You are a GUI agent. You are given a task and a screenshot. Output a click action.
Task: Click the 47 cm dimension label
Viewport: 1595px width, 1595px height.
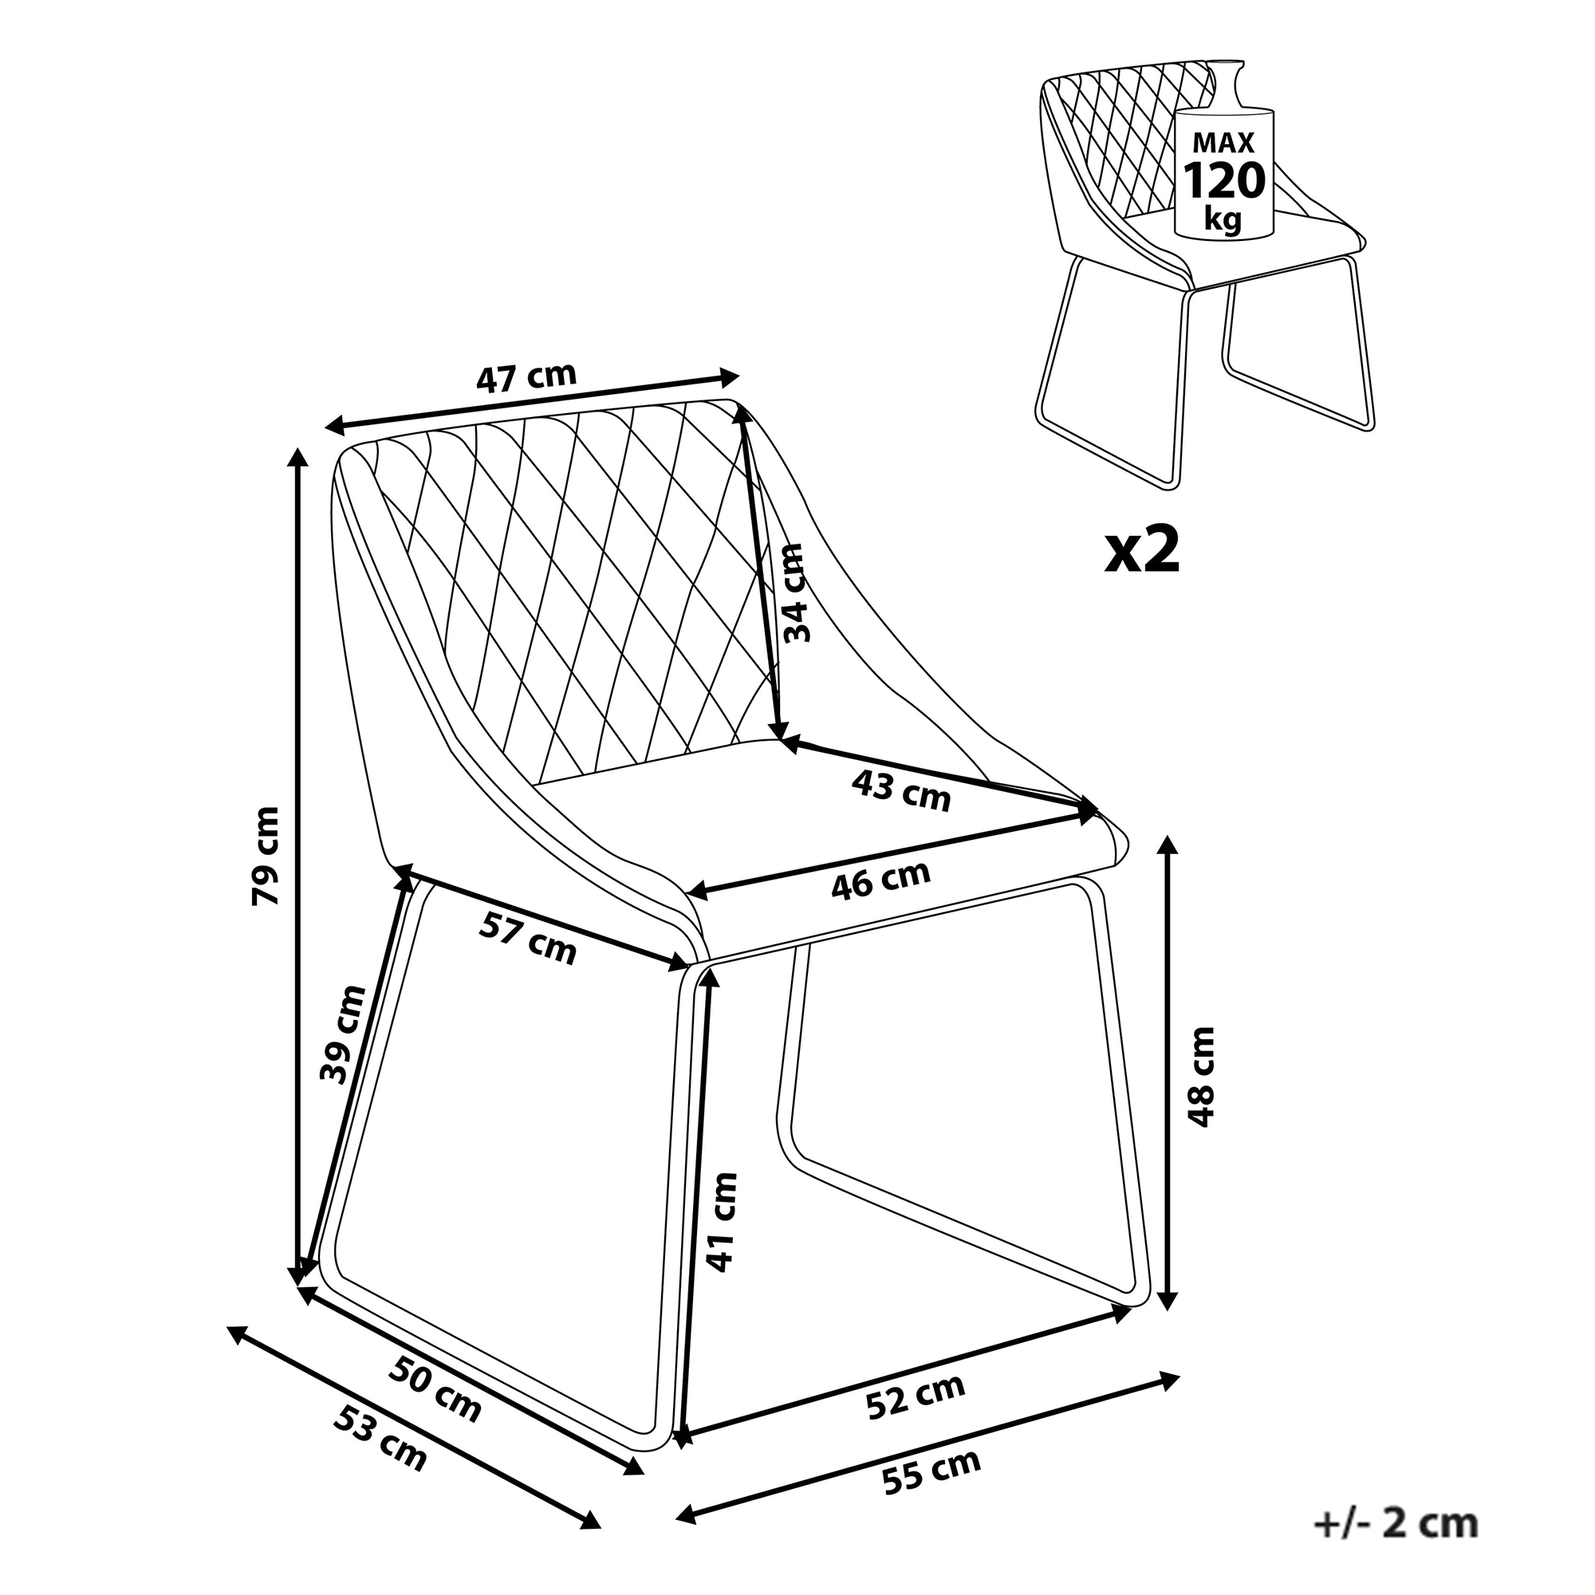pos(526,377)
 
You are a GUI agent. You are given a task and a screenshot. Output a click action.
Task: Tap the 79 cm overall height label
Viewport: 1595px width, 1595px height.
pos(266,855)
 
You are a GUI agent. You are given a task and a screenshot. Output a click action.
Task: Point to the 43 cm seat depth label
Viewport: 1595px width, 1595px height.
pos(900,792)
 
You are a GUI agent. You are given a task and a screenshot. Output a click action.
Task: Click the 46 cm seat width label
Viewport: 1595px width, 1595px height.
pos(880,881)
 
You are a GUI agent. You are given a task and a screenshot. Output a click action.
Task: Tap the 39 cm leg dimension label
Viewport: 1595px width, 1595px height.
pos(342,1034)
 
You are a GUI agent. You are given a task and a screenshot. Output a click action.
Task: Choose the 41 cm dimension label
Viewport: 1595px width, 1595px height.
pos(721,1221)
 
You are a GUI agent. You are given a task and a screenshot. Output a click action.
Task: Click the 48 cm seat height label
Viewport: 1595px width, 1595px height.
pos(1200,1077)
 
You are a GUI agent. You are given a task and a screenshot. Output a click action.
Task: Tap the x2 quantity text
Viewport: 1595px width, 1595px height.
pos(1143,552)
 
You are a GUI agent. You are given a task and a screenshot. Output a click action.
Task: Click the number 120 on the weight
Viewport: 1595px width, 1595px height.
pos(1224,182)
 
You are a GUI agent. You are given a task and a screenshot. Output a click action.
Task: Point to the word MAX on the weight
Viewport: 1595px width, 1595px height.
pos(1223,143)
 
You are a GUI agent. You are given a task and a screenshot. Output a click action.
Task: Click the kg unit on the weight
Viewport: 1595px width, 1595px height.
pos(1223,219)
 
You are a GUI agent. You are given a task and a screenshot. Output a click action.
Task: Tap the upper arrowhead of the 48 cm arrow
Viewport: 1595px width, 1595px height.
pos(1167,846)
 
